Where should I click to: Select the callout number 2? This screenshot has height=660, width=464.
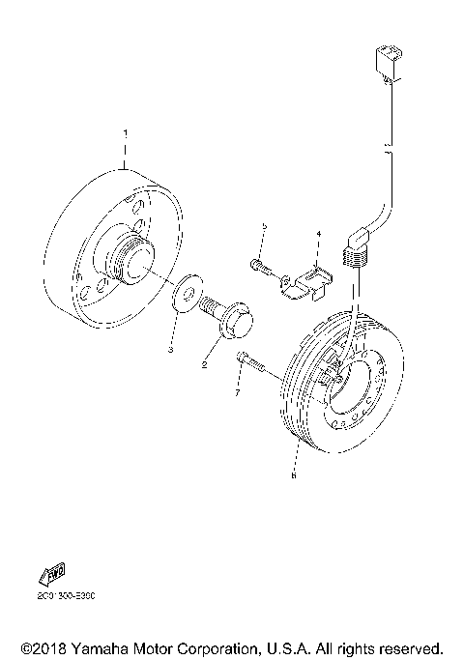tap(204, 365)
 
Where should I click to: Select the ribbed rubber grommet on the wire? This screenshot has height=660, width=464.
tap(356, 256)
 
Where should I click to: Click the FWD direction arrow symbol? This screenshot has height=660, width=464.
tap(52, 574)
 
